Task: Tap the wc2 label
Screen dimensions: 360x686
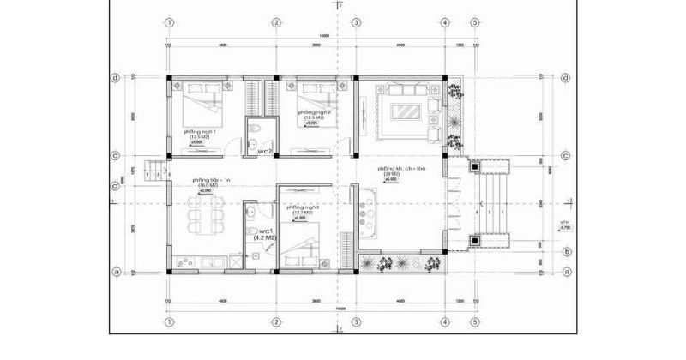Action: coord(265,151)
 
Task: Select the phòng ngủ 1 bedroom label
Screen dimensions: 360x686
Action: coord(199,132)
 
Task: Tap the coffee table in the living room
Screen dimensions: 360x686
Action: coord(405,110)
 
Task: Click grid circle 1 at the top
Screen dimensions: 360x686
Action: coord(170,22)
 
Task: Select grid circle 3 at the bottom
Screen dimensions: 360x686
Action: coord(355,323)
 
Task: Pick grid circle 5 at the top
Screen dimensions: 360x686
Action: coord(474,22)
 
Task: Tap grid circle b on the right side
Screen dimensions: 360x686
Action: coord(567,251)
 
